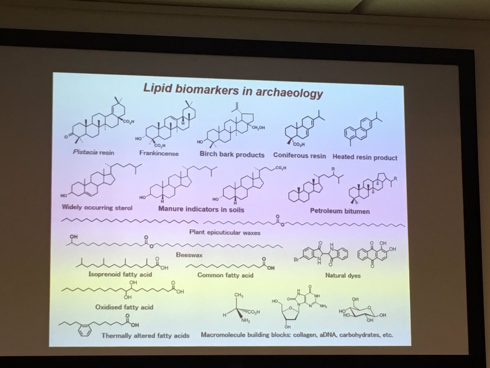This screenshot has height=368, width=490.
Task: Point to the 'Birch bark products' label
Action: point(232,155)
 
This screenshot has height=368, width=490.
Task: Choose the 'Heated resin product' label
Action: point(365,157)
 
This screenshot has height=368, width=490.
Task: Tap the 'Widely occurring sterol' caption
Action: point(98,206)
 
